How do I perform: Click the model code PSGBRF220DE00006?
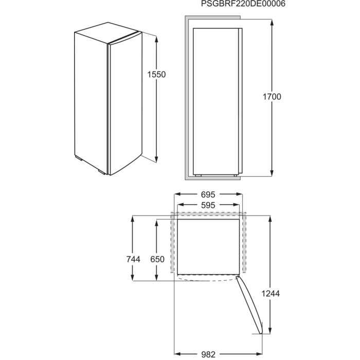[x=243, y=4]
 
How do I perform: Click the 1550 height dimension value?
[x=156, y=75]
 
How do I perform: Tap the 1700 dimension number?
[x=272, y=97]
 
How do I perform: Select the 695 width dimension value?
[x=208, y=195]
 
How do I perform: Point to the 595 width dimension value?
[x=208, y=205]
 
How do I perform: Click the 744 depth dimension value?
[x=133, y=259]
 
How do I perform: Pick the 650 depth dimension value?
[x=157, y=259]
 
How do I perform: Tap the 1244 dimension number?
[x=271, y=294]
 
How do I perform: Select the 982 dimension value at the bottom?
[x=208, y=355]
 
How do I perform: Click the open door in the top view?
[x=249, y=305]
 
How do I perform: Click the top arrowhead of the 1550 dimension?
[x=156, y=39]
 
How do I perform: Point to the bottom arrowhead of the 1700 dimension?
[x=272, y=173]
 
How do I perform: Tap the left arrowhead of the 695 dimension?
[x=178, y=194]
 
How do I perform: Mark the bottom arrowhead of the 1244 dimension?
[x=270, y=330]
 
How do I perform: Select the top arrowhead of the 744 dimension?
[x=133, y=219]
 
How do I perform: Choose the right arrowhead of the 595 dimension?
[x=236, y=205]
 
